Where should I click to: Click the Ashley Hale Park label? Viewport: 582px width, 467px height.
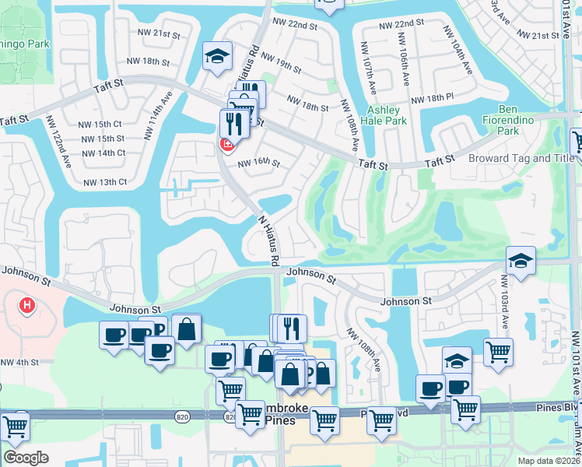point(387,115)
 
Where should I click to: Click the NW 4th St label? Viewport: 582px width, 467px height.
point(19,362)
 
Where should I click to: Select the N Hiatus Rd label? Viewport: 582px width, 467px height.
point(268,241)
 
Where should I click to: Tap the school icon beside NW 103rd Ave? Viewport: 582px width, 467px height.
point(521,260)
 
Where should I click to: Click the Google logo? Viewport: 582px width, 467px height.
point(26,457)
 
